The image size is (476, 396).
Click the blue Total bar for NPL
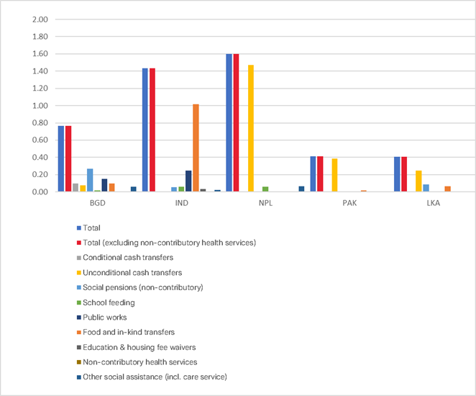229,122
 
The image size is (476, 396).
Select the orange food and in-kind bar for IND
196,148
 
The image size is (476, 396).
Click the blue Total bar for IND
145,130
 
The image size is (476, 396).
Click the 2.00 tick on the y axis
40,19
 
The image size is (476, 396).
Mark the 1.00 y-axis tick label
40,106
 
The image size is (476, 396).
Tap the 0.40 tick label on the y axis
40,158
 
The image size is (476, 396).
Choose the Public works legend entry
103,318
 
